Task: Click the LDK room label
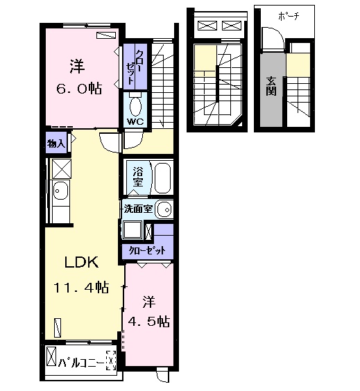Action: pos(81,262)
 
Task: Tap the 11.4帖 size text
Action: pos(81,287)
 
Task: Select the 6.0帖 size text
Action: pos(79,89)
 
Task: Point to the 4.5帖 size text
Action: pos(149,322)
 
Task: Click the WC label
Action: pos(135,122)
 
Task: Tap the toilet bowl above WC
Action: pos(135,105)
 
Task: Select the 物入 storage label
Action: pos(56,144)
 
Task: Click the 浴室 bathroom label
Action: pos(138,177)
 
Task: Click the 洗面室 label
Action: pos(138,209)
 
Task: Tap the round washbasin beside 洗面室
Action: pos(164,209)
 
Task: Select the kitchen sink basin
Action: pos(60,190)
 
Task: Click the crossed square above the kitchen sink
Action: pos(62,169)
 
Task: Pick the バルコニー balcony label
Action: pos(81,364)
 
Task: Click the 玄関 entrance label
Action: pos(271,86)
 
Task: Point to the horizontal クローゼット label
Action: pos(147,250)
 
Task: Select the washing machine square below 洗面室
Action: pos(133,230)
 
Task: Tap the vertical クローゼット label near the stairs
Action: pos(135,67)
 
